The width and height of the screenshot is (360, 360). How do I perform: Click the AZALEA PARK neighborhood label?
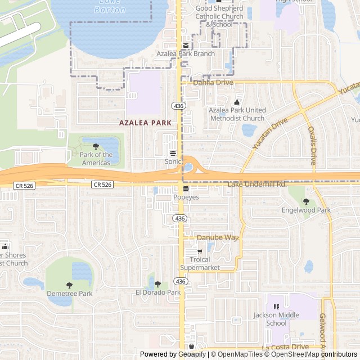pyautogui.click(x=145, y=122)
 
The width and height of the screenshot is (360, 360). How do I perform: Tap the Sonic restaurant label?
pyautogui.click(x=173, y=161)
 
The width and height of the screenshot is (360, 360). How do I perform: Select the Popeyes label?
pyautogui.click(x=186, y=197)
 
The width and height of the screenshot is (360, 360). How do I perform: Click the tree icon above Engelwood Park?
pyautogui.click(x=306, y=201)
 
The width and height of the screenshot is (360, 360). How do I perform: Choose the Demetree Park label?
pyautogui.click(x=69, y=294)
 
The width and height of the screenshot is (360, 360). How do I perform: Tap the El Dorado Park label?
pyautogui.click(x=158, y=292)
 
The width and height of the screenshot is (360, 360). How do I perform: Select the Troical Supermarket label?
pyautogui.click(x=200, y=264)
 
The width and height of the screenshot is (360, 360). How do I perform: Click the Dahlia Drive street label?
pyautogui.click(x=213, y=83)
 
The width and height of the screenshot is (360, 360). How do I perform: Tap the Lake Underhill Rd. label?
pyautogui.click(x=258, y=184)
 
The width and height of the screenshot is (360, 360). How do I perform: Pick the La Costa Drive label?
pyautogui.click(x=285, y=348)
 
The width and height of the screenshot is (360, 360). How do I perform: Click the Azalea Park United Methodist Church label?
pyautogui.click(x=237, y=114)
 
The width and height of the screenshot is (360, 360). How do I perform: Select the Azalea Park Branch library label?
pyautogui.click(x=186, y=54)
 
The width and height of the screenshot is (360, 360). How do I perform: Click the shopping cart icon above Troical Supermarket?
pyautogui.click(x=200, y=251)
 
